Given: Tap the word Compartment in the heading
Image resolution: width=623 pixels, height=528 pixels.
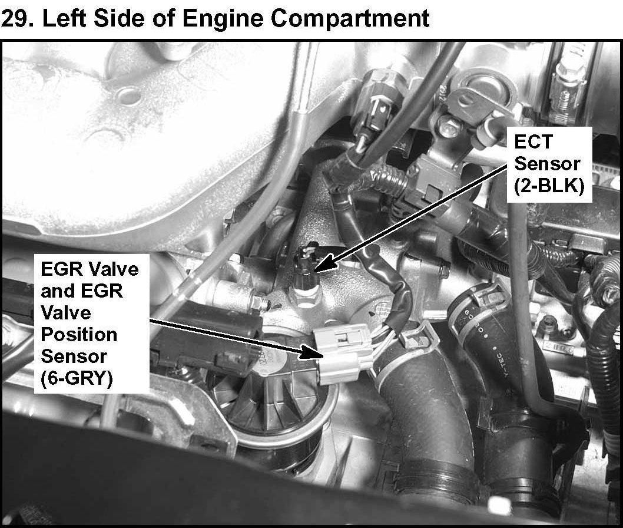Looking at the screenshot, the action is click(350, 19).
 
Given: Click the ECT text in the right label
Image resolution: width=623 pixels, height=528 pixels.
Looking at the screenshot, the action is click(533, 141).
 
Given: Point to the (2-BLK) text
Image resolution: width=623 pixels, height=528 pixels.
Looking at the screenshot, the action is click(549, 185).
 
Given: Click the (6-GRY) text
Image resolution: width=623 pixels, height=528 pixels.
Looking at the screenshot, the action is click(77, 378).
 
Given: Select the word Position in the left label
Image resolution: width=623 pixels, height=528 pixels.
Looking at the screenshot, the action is click(79, 335).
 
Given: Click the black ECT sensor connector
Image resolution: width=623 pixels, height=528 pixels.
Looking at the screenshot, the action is click(305, 260).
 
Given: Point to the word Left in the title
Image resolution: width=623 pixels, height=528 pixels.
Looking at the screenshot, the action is click(64, 18).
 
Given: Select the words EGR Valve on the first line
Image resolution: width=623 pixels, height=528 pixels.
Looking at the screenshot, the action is click(90, 269).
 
